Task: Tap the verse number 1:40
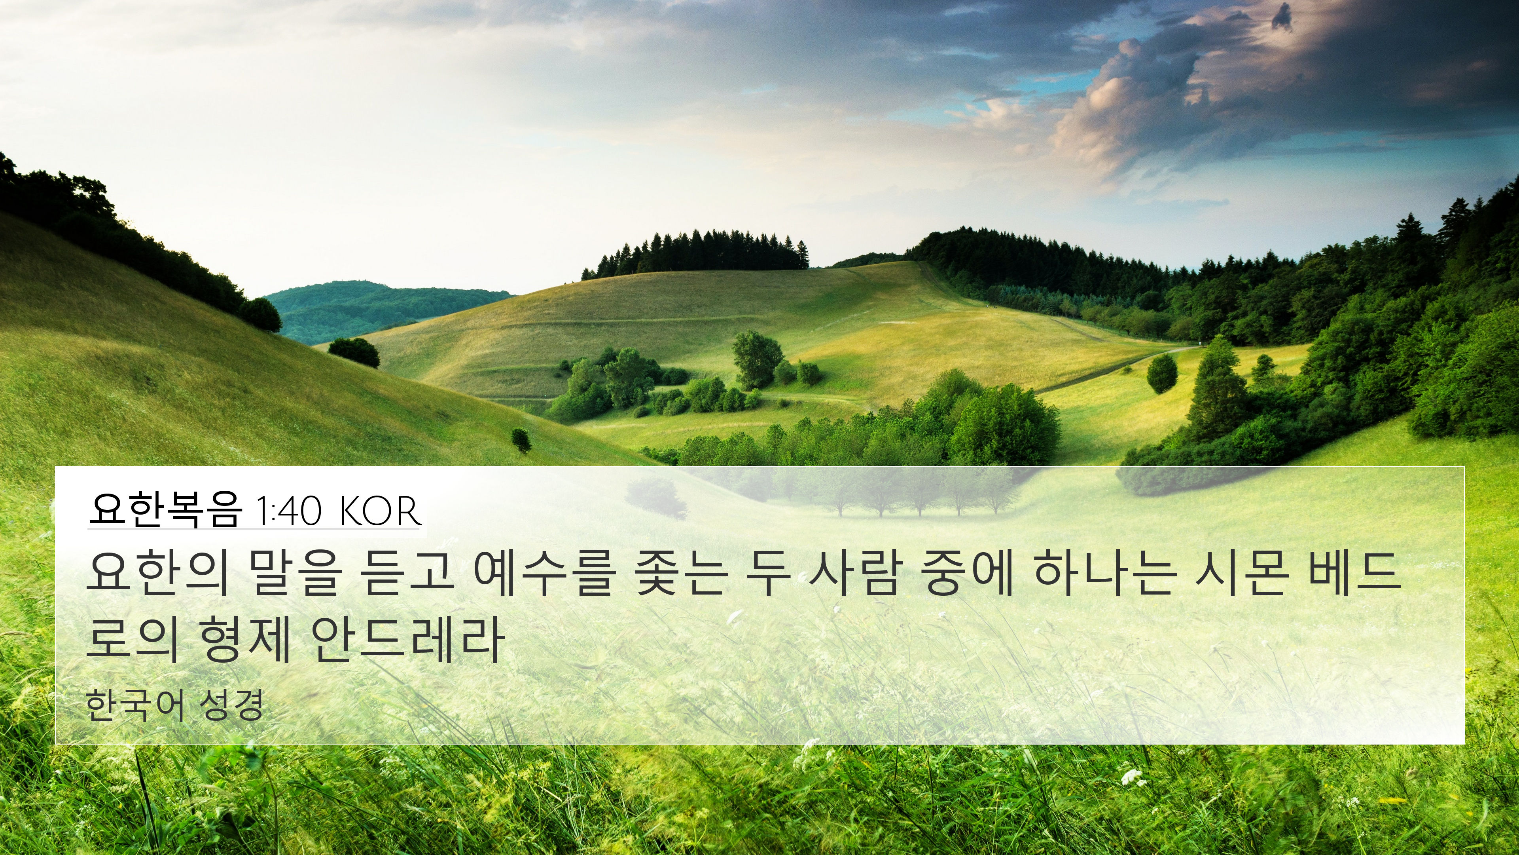click(x=289, y=511)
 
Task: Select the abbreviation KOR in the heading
click(x=380, y=511)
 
